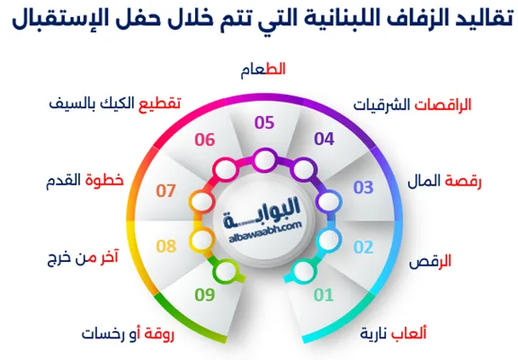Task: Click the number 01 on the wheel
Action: point(323,292)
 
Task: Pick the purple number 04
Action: point(323,139)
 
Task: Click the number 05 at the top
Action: point(264,121)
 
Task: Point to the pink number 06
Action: point(204,139)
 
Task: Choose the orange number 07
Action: point(165,191)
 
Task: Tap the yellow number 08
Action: point(165,245)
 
